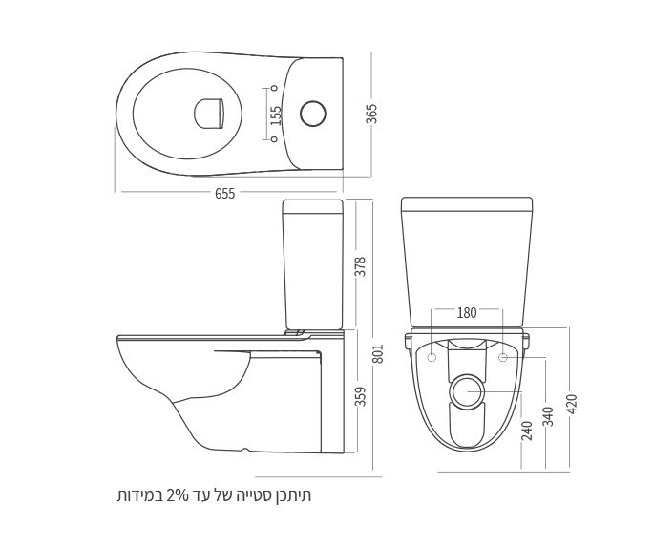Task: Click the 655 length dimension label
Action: pos(224,194)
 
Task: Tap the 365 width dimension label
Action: pos(372,114)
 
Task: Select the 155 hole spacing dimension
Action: pos(277,115)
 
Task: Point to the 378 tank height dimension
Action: pos(360,265)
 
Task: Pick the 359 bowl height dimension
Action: pos(360,395)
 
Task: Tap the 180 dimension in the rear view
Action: pos(467,312)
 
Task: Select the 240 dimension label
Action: pos(527,430)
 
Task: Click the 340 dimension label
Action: pos(548,416)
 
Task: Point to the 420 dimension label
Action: pos(572,404)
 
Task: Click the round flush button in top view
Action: pos(313,114)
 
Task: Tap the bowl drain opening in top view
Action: pos(208,114)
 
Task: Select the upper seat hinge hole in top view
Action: pos(275,89)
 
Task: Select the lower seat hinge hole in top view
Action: pos(275,139)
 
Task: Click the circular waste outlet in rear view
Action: pos(467,391)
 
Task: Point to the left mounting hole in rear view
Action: pos(432,358)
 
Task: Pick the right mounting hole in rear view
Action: pos(503,358)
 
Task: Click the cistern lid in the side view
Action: pos(312,205)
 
